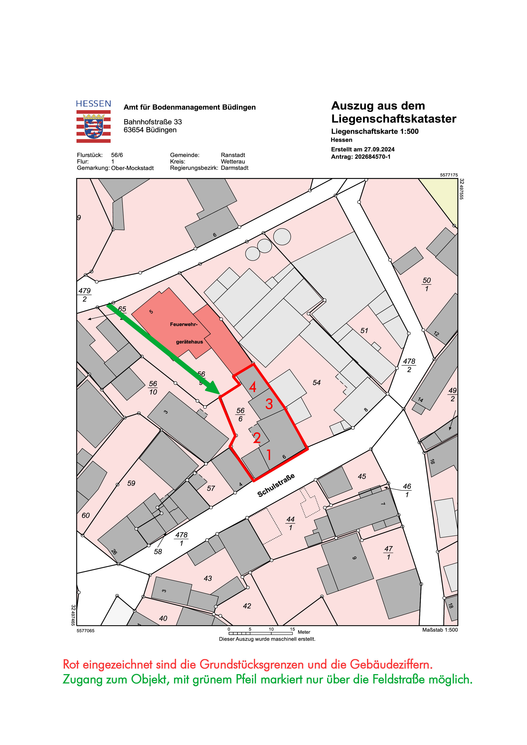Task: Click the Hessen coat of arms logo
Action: coord(93,126)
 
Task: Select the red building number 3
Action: coord(269,404)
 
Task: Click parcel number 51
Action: coord(364,331)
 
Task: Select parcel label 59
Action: coord(131,483)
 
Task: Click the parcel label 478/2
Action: coord(409,365)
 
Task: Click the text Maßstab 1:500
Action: coord(440,630)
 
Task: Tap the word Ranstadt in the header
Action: coord(233,155)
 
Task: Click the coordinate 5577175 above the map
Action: coord(449,175)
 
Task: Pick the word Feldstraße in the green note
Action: coord(399,679)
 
